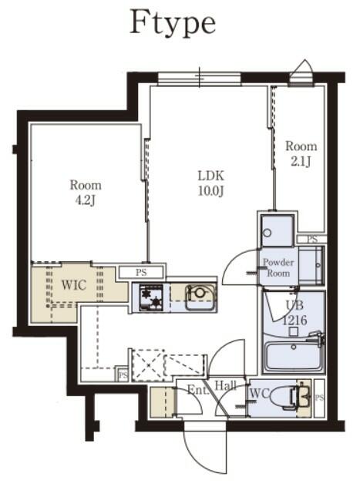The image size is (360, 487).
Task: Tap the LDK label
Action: (x=210, y=175)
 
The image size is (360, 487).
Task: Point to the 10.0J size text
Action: (x=210, y=190)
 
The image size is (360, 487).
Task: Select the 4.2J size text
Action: (x=86, y=201)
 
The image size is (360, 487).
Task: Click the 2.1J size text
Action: (x=301, y=161)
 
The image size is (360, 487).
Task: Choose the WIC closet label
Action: (x=73, y=285)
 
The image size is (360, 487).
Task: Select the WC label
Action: (x=258, y=395)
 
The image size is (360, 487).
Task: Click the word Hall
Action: (x=225, y=385)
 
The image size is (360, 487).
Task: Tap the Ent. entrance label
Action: (x=197, y=391)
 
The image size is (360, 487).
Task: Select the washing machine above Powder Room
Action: (x=275, y=230)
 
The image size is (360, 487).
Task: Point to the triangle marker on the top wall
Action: (x=304, y=67)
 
